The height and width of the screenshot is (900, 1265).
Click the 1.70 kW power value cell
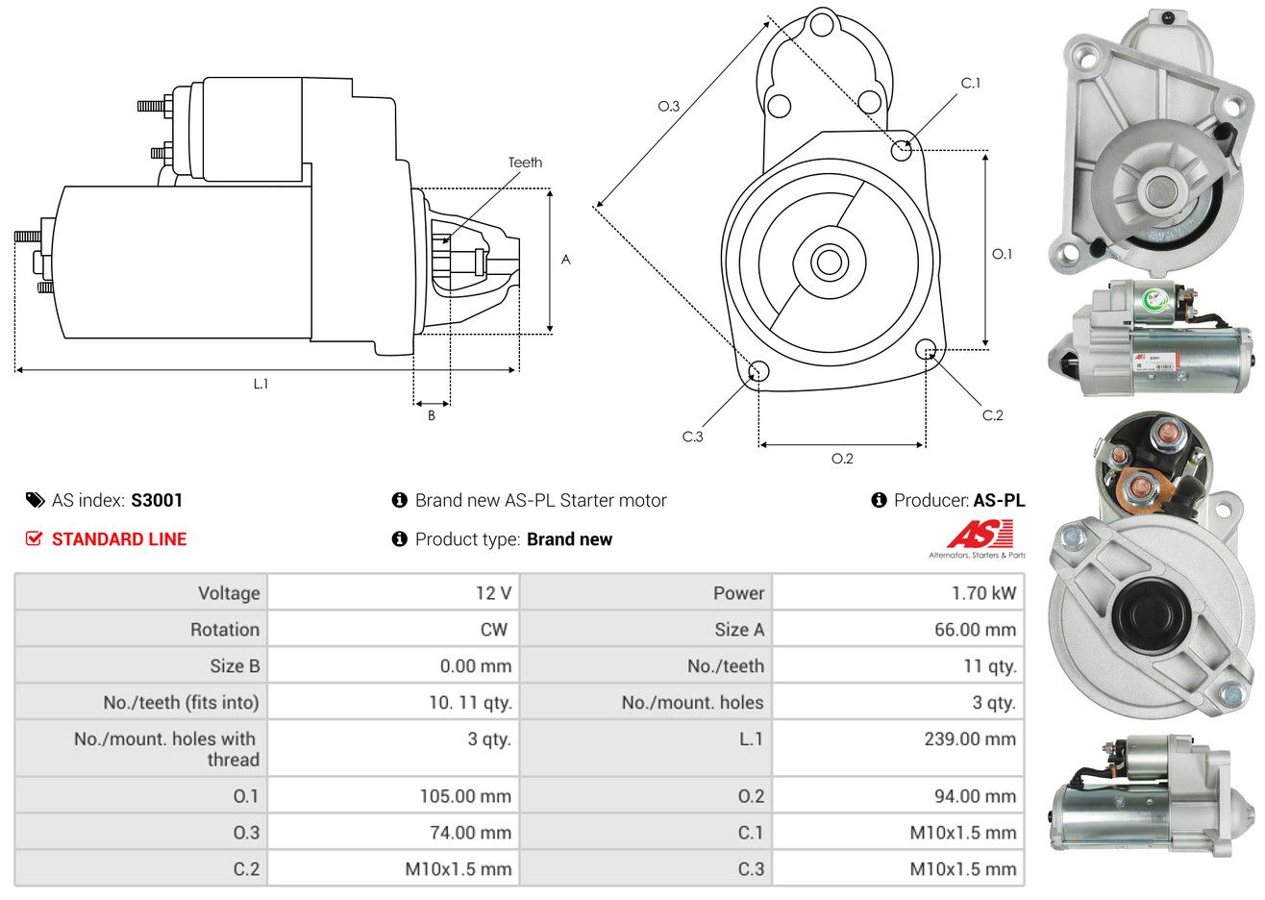[982, 593]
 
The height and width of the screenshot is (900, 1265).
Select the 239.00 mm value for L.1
[974, 739]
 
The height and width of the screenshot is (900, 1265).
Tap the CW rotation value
[493, 630]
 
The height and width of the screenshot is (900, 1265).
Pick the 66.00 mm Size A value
[975, 630]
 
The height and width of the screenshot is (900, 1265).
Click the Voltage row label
[229, 593]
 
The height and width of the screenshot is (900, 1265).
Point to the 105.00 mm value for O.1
[465, 796]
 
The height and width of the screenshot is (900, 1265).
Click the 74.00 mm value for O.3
[470, 833]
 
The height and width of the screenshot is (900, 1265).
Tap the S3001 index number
[157, 500]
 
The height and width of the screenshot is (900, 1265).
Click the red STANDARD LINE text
[119, 539]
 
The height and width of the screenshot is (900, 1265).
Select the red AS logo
[980, 535]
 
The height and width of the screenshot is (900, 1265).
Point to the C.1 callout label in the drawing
[971, 84]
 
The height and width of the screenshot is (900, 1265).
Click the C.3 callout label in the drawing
[693, 437]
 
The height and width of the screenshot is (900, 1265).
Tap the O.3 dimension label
[669, 106]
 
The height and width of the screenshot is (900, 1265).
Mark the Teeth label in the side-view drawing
[525, 162]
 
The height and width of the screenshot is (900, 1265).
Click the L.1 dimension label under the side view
[260, 384]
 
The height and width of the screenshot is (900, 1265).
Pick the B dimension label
[432, 415]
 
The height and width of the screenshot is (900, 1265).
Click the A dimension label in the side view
[566, 260]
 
